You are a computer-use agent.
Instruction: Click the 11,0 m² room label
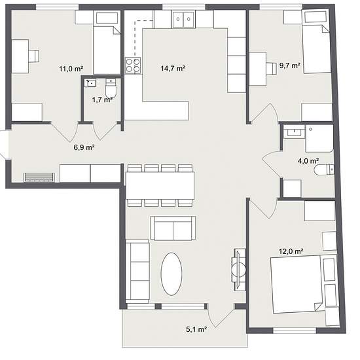[71, 69]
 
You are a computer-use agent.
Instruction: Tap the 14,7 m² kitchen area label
[173, 68]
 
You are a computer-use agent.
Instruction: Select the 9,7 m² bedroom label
[290, 65]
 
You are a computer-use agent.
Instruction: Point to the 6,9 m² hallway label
[84, 147]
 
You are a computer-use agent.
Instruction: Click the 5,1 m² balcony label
[196, 329]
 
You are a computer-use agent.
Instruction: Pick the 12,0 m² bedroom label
[291, 251]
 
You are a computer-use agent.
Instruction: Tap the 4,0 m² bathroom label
[308, 161]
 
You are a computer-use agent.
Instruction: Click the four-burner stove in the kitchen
[133, 65]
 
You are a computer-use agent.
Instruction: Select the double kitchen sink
[183, 19]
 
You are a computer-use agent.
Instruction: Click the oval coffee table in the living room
[171, 274]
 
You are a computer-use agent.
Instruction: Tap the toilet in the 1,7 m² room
[111, 88]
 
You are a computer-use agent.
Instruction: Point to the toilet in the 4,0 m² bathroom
[324, 170]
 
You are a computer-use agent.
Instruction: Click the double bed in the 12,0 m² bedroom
[304, 284]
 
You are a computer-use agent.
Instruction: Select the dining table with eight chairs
[160, 185]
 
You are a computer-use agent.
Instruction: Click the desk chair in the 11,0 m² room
[34, 56]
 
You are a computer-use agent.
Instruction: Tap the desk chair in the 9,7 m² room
[272, 69]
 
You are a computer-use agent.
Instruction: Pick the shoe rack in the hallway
[39, 177]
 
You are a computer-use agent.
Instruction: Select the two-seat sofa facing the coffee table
[173, 228]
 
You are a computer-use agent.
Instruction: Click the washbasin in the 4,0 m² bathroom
[295, 132]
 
